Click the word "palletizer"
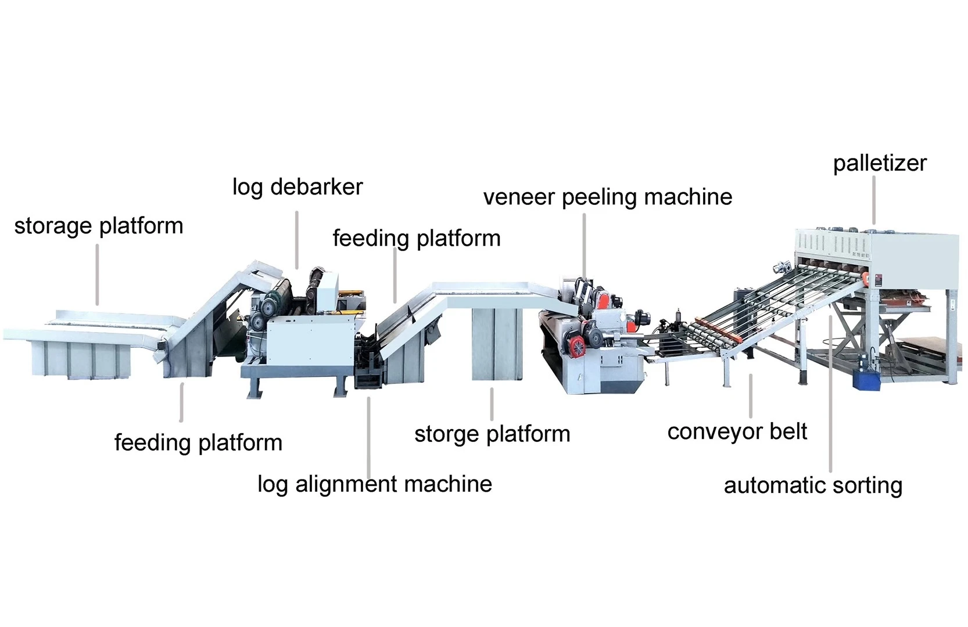point(879,163)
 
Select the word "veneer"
point(519,197)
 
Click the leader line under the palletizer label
point(874,200)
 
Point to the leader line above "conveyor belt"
point(751,396)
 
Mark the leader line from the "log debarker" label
point(297,239)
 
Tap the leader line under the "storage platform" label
point(97,274)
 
